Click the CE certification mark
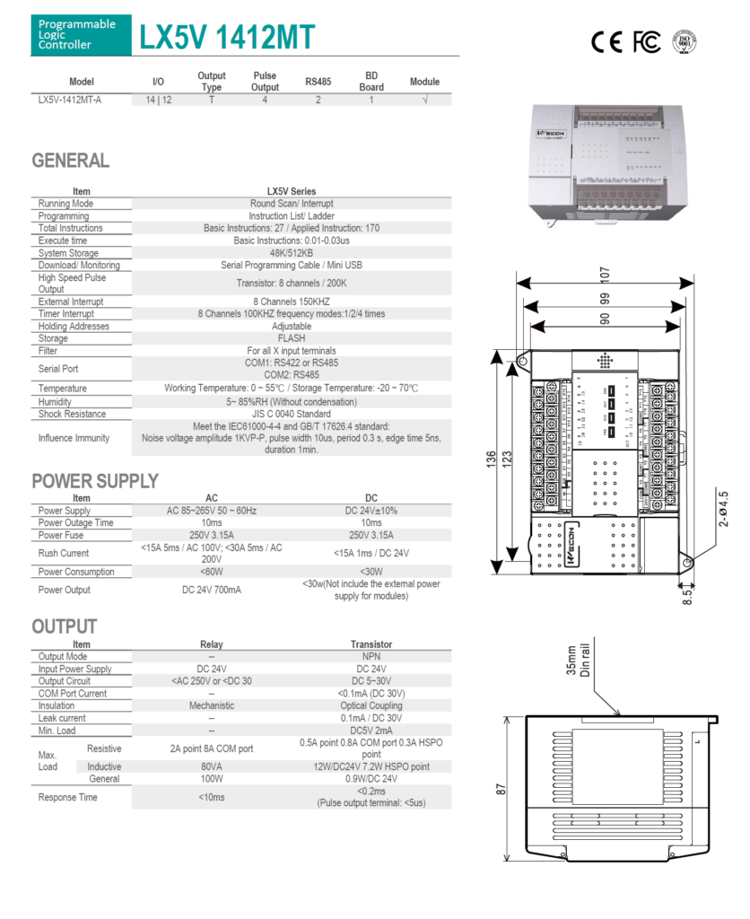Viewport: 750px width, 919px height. click(x=607, y=40)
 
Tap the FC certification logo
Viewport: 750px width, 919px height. click(x=647, y=40)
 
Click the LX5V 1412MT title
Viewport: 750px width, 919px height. click(x=226, y=37)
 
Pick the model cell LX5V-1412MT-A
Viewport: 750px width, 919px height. click(x=70, y=100)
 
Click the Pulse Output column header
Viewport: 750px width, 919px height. click(x=265, y=82)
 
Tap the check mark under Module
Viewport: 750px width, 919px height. click(x=424, y=100)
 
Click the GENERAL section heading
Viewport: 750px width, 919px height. click(x=71, y=161)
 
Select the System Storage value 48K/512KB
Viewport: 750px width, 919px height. click(x=292, y=253)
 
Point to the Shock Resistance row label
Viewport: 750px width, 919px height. click(x=72, y=414)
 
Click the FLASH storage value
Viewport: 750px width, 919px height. click(x=292, y=338)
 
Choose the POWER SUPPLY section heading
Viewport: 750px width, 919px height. click(x=95, y=481)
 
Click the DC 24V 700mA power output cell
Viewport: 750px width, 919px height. click(x=212, y=590)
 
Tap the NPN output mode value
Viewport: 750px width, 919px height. click(x=371, y=656)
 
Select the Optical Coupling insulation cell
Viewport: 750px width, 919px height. click(x=371, y=705)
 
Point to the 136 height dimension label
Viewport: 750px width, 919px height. click(x=491, y=459)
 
